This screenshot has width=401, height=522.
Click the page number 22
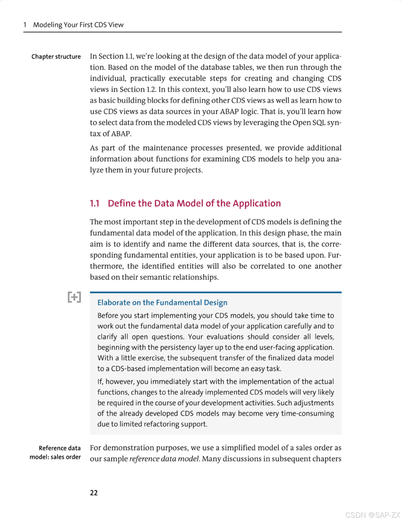pyautogui.click(x=94, y=493)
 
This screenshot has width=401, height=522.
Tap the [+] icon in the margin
pyautogui.click(x=74, y=297)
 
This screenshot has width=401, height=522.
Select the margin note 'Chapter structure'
pyautogui.click(x=56, y=57)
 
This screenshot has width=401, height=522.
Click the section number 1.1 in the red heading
pyautogui.click(x=94, y=203)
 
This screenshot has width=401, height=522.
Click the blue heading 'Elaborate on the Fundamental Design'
pyautogui.click(x=162, y=303)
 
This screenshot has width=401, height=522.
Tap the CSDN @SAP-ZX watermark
pyautogui.click(x=372, y=515)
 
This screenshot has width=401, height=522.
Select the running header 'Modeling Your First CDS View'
pyautogui.click(x=78, y=25)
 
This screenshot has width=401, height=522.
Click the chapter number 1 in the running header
pyautogui.click(x=25, y=25)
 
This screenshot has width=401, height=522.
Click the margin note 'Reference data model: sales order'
pyautogui.click(x=55, y=452)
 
